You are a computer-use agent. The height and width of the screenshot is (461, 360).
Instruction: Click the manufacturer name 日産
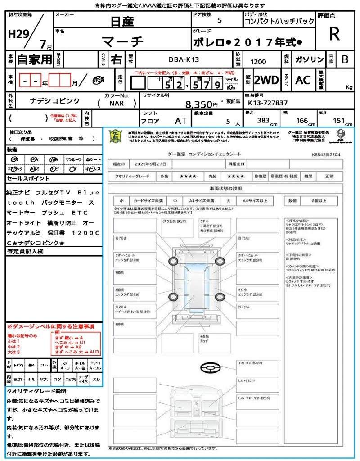click(122, 21)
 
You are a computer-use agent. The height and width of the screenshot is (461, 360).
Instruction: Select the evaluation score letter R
click(334, 34)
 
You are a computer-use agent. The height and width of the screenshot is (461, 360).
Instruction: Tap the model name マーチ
click(122, 42)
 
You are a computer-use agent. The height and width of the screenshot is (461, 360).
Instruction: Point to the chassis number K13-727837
click(268, 103)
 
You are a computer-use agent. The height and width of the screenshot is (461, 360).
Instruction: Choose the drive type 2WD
click(266, 80)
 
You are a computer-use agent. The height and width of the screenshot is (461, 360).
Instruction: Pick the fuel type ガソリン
click(309, 59)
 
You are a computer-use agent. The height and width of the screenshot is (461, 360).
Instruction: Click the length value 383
click(263, 121)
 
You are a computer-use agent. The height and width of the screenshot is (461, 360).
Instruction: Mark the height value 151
click(338, 121)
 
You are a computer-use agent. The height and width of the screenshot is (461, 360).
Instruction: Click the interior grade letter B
click(345, 59)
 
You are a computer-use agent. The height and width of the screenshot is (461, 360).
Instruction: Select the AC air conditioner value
click(303, 80)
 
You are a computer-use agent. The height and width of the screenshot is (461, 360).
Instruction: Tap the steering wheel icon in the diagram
click(210, 368)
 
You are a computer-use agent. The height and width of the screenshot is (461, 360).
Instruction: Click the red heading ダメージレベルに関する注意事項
click(50, 326)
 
